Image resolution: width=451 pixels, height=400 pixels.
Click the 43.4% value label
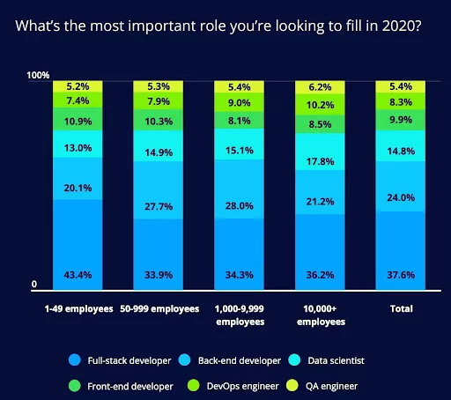[x=78, y=276]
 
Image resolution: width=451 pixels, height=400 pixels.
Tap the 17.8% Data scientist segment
[x=321, y=149]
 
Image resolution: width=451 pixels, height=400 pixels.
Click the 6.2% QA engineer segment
[x=321, y=87]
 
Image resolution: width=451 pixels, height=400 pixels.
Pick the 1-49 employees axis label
[x=78, y=310]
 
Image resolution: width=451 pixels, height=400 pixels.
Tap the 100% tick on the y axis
[x=38, y=76]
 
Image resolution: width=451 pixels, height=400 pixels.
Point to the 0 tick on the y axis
[x=34, y=285]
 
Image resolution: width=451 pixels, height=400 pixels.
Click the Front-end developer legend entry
[x=123, y=385]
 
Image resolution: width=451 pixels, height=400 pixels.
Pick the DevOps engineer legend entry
[x=238, y=385]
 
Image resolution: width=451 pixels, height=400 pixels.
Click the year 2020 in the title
[x=402, y=25]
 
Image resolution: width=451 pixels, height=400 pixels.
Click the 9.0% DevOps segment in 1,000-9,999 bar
[x=240, y=102]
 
